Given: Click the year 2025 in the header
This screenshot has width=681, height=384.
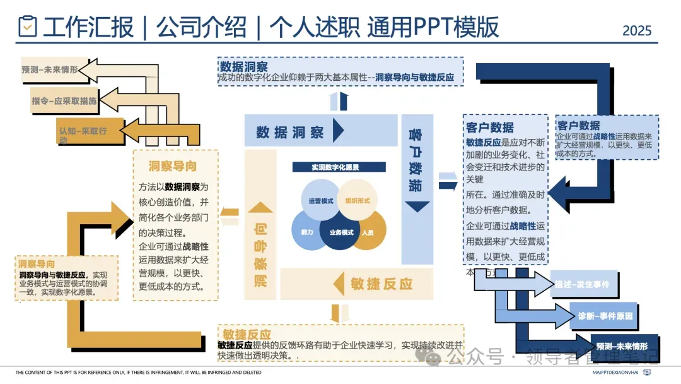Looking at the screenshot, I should click(x=636, y=30).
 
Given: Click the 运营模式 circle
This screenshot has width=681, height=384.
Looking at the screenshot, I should click(x=320, y=200).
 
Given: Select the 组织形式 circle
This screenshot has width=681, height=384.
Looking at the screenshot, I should click(x=358, y=200).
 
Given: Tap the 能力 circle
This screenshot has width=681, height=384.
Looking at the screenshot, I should click(x=307, y=232).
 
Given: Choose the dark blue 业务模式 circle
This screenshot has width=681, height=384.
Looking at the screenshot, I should click(x=341, y=232).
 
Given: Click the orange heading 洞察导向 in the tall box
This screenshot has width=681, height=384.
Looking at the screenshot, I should click(x=172, y=167).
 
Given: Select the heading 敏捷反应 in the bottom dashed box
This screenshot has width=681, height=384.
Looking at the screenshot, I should click(x=247, y=334).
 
